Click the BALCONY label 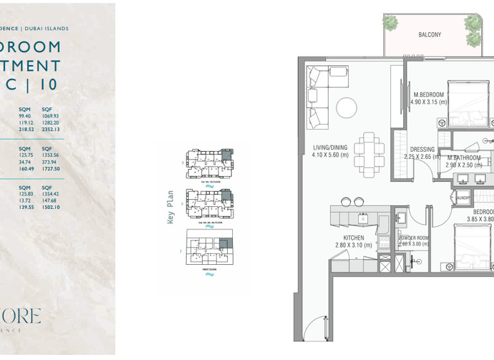point(430,35)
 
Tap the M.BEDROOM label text point(428,94)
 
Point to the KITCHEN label point(354,238)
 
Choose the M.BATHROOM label point(464,157)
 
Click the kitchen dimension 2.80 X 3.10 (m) point(354,246)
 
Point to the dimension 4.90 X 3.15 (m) point(428,102)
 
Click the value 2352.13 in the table point(51,129)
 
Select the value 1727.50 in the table point(51,169)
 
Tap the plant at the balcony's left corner point(390,22)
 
